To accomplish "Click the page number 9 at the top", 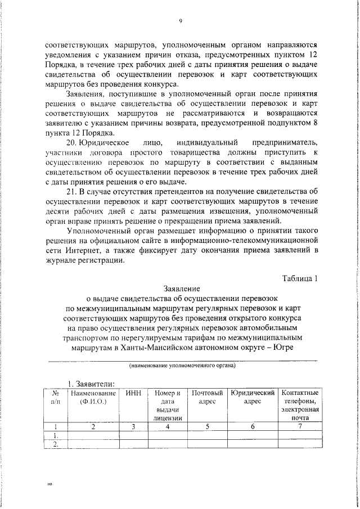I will click(181, 21).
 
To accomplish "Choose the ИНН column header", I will click(134, 392).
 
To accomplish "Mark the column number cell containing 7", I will click(300, 427).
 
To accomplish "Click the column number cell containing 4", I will click(167, 427).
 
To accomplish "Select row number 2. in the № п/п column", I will click(55, 444).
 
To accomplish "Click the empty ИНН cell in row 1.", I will click(134, 435).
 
